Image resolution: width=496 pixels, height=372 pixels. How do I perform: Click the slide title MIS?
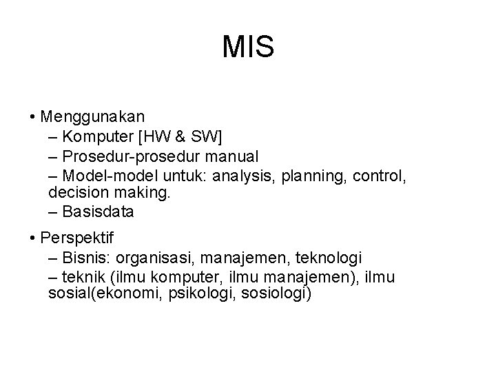[248, 48]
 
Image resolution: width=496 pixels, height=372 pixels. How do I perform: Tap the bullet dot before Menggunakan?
[33, 114]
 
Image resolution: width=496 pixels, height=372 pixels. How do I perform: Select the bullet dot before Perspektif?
[33, 239]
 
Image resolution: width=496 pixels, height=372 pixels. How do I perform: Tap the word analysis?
[242, 177]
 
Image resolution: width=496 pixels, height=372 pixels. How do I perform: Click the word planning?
[314, 177]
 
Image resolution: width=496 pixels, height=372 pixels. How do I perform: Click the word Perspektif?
[78, 239]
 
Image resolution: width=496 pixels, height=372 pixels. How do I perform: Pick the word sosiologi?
[274, 294]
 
